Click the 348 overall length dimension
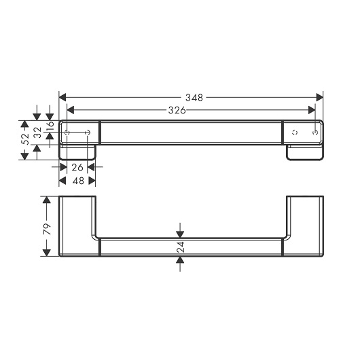pos(194,98)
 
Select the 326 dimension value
pos(177,110)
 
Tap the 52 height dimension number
pos(25,139)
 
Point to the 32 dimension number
pos(37,132)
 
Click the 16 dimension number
pos(50,126)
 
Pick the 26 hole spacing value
pos(77,168)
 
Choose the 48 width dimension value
pos(78,181)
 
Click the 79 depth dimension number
pos(47,229)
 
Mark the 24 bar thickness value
pos(181,247)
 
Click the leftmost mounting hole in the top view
pos(67,132)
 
